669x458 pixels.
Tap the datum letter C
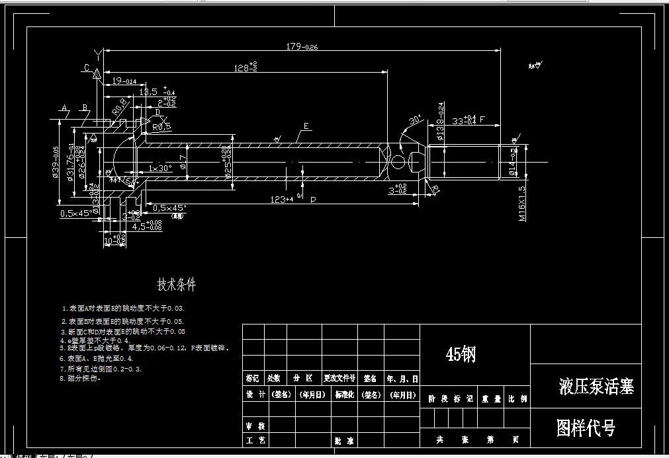[87, 67]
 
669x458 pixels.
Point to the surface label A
[65, 108]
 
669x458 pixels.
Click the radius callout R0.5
[162, 126]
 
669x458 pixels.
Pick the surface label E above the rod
[306, 126]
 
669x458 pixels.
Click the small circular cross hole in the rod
[398, 162]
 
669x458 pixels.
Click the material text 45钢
[461, 355]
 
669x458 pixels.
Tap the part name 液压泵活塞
[596, 387]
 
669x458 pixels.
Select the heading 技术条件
[176, 285]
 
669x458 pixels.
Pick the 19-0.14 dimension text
[124, 81]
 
